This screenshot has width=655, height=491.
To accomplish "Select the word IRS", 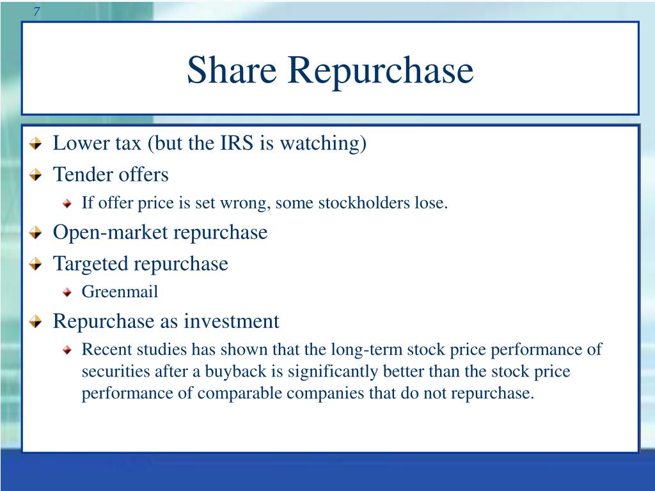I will [237, 143].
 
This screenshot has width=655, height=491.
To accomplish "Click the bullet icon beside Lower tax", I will [38, 144].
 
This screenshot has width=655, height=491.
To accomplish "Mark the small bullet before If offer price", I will [68, 205].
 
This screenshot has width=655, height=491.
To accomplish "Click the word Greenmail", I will [120, 292].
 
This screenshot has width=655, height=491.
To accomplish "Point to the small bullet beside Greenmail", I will [68, 293].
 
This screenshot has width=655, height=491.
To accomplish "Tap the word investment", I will [232, 321].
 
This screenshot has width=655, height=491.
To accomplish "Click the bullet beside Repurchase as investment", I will [38, 322].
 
